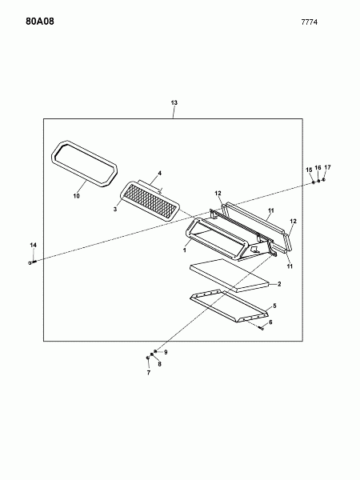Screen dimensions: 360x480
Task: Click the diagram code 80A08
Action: point(40,22)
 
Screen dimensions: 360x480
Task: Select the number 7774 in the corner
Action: point(309,22)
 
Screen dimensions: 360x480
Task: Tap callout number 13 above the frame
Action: point(174,102)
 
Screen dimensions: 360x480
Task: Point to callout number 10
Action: point(76,196)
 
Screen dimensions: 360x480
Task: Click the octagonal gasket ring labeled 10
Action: point(84,181)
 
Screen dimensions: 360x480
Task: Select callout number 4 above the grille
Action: point(159,174)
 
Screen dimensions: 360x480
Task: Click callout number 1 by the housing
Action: point(185,250)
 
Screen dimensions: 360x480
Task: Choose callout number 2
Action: point(279,284)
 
